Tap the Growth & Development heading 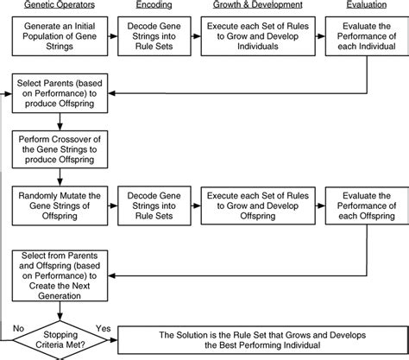[x=254, y=8]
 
